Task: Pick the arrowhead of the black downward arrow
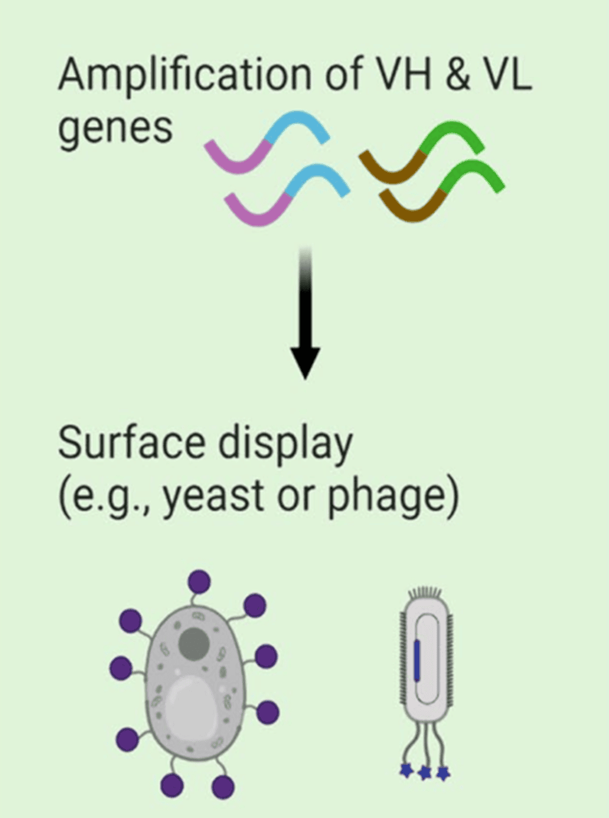click(x=305, y=363)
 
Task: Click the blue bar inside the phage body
click(x=417, y=660)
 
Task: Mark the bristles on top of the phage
click(x=423, y=592)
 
